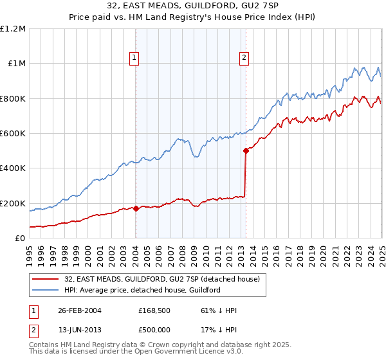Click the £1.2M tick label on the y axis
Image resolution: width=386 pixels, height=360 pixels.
13,29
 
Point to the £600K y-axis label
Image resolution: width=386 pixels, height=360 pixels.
13,134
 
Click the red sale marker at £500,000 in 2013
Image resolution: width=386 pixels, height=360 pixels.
246,151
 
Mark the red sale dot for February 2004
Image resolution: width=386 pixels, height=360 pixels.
136,209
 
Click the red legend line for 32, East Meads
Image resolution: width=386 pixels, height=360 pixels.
47,279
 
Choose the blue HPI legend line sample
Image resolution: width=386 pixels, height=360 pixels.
47,290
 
